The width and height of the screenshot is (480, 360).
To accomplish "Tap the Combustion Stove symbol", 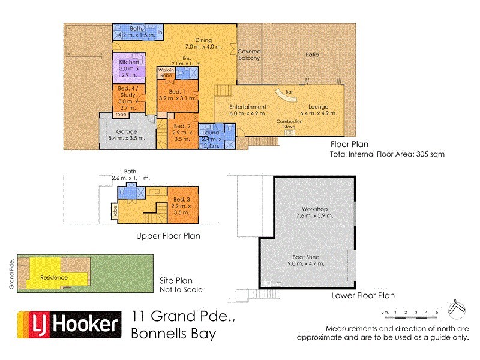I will point(290,133).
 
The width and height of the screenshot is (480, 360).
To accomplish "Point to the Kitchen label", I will point(129,62).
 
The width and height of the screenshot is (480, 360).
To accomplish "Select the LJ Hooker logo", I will point(67,325).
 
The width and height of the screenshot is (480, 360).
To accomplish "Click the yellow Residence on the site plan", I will point(54,278).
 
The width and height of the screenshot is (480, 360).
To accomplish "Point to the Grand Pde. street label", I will point(11,274).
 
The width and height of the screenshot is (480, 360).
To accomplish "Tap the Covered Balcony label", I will point(249,55).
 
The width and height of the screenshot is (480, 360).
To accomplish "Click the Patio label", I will point(312,55).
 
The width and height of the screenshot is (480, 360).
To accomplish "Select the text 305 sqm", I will point(431,154).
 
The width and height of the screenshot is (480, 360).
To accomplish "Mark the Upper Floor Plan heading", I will point(167,236).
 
